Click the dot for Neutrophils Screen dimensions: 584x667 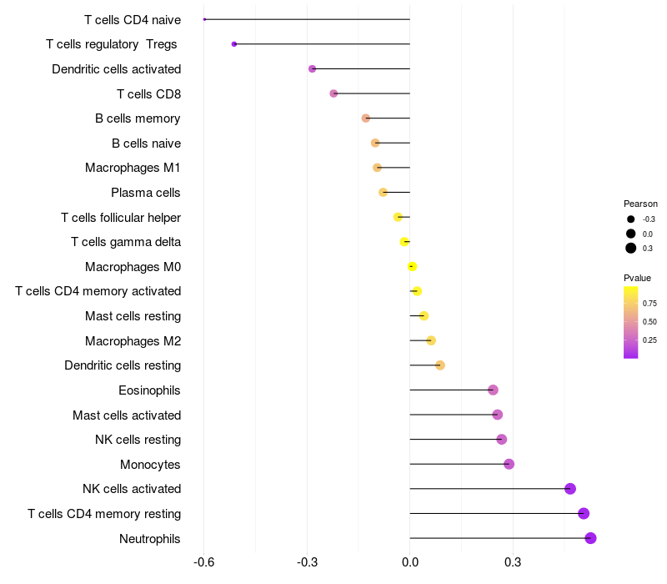(590, 538)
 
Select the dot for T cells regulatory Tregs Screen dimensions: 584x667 (234, 43)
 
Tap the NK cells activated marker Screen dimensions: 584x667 (570, 489)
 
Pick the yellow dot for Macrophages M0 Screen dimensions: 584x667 (412, 267)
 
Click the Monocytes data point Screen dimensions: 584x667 (509, 464)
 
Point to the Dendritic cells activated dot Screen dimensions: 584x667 (312, 68)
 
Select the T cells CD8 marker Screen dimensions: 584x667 (333, 93)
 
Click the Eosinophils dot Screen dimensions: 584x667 (493, 390)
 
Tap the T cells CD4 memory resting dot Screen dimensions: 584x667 (584, 513)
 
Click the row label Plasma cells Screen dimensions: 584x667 (145, 193)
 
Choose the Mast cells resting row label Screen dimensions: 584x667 (133, 316)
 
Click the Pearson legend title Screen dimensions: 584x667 (640, 204)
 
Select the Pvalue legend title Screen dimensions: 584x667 (637, 278)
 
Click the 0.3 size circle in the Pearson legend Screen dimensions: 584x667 (631, 248)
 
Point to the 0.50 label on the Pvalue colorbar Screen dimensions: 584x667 (649, 322)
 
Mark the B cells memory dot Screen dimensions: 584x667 (366, 118)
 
